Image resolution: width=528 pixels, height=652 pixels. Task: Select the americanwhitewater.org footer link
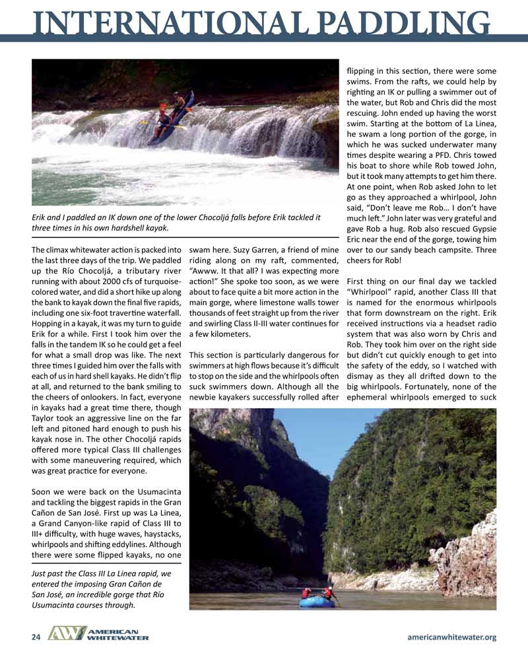[x=452, y=637]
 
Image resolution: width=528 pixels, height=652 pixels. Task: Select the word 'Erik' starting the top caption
[x=41, y=217]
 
